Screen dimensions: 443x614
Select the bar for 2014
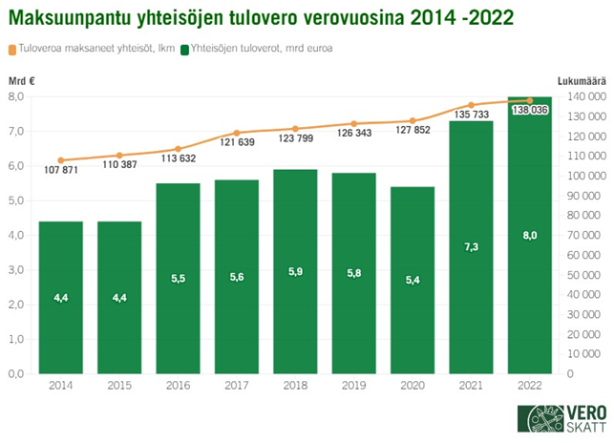tap(60, 297)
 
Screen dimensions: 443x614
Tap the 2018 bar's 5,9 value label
tap(295, 271)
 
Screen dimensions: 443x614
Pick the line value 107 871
tap(61, 170)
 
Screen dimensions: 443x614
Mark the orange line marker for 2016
tap(178, 148)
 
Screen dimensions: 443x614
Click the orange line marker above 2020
tap(413, 120)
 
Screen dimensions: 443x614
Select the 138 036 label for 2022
tap(529, 111)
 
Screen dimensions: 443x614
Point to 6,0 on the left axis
tap(17, 166)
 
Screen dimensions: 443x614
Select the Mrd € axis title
tap(21, 81)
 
